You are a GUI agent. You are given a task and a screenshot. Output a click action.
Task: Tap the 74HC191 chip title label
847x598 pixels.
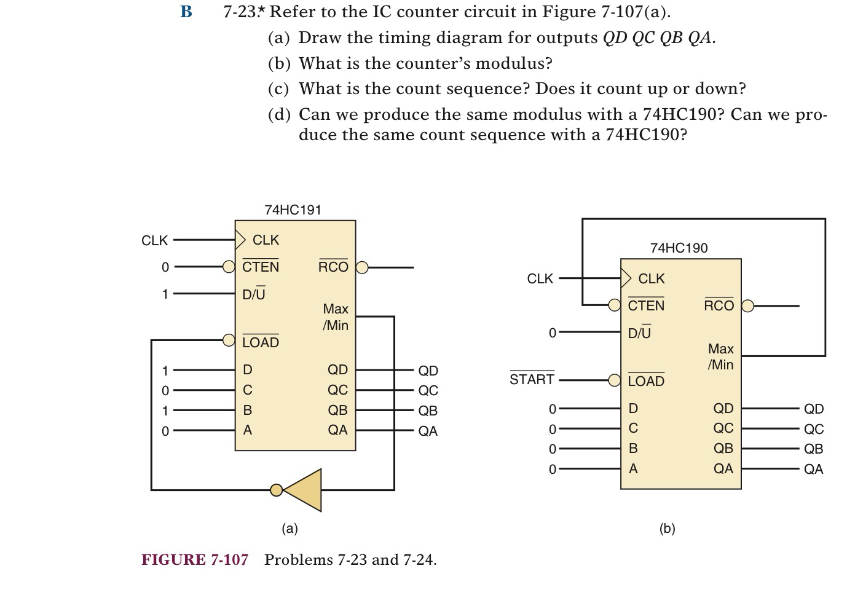293,210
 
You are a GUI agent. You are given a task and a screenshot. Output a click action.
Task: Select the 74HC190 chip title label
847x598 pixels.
679,248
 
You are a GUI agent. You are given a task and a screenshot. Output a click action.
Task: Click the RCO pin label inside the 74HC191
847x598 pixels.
333,267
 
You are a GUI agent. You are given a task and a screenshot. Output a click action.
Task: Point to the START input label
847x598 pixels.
532,379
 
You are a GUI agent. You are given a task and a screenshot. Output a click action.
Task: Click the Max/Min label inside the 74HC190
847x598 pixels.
720,356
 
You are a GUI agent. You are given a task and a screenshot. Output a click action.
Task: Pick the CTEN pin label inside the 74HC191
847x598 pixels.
261,267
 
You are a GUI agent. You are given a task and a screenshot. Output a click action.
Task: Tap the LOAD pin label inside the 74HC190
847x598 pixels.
646,381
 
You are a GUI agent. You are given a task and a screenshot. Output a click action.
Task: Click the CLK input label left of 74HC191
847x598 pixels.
154,240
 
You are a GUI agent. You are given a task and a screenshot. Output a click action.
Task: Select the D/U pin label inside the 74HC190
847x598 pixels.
639,332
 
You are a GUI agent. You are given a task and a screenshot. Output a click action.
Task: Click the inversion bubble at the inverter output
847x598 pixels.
277,490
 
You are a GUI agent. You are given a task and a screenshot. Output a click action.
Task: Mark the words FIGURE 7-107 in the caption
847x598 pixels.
195,559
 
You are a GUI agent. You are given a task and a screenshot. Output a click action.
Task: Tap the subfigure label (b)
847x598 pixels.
667,529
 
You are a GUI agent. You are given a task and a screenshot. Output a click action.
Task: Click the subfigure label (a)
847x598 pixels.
290,529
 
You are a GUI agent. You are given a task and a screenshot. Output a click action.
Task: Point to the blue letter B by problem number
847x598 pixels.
186,12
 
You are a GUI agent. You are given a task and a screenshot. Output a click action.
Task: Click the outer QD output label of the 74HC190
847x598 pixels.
814,409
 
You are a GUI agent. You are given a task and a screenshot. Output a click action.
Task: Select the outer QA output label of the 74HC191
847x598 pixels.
428,431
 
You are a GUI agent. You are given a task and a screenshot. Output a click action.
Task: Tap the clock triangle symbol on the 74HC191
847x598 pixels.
240,239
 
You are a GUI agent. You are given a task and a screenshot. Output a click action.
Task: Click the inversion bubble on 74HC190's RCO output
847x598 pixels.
747,305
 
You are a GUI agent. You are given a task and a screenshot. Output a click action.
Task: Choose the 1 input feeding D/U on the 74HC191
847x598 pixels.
165,294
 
